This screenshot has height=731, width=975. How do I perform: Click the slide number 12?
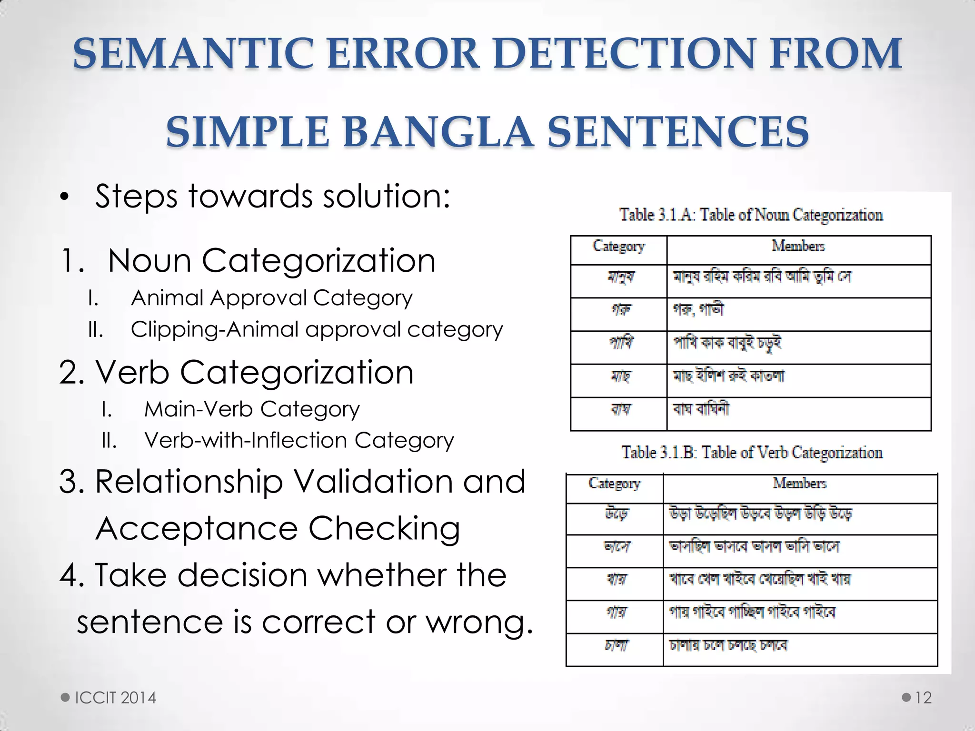pos(923,698)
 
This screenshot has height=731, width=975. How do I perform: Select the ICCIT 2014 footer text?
pos(116,698)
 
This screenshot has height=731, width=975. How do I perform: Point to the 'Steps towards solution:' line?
pos(272,196)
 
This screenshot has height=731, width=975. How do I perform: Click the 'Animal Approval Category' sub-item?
pos(271,298)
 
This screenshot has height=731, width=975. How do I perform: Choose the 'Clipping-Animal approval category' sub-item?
pos(317,329)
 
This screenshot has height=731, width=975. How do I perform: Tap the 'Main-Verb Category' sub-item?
pos(252,409)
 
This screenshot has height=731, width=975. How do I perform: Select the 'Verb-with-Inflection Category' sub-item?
pos(299,441)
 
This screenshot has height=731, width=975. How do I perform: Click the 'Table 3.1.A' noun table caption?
pos(751,215)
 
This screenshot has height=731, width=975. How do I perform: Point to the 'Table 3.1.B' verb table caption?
pos(752,453)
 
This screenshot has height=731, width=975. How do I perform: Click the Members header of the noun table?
pos(798,246)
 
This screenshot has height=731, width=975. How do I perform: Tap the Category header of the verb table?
pos(614,484)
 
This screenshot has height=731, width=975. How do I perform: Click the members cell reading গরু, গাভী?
pos(698,310)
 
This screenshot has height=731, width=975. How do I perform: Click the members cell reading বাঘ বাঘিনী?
pos(700,409)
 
